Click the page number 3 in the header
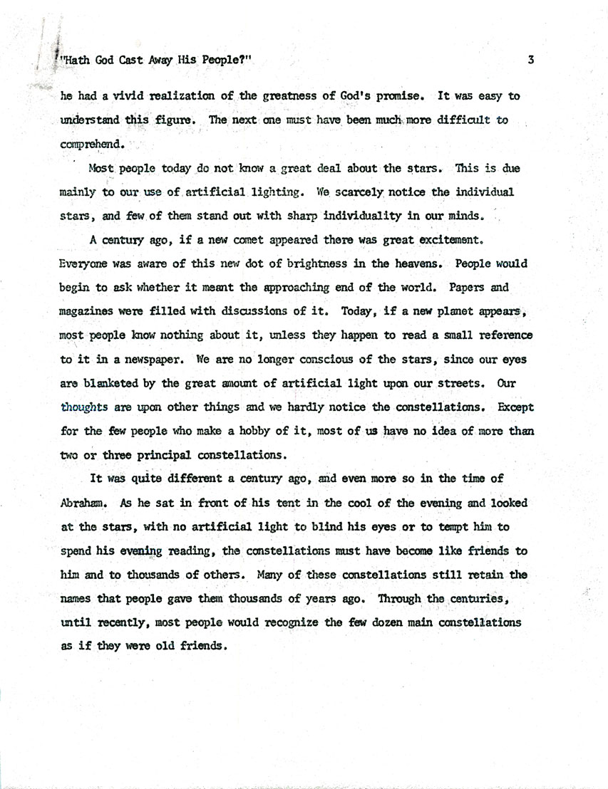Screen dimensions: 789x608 pyautogui.click(x=531, y=61)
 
